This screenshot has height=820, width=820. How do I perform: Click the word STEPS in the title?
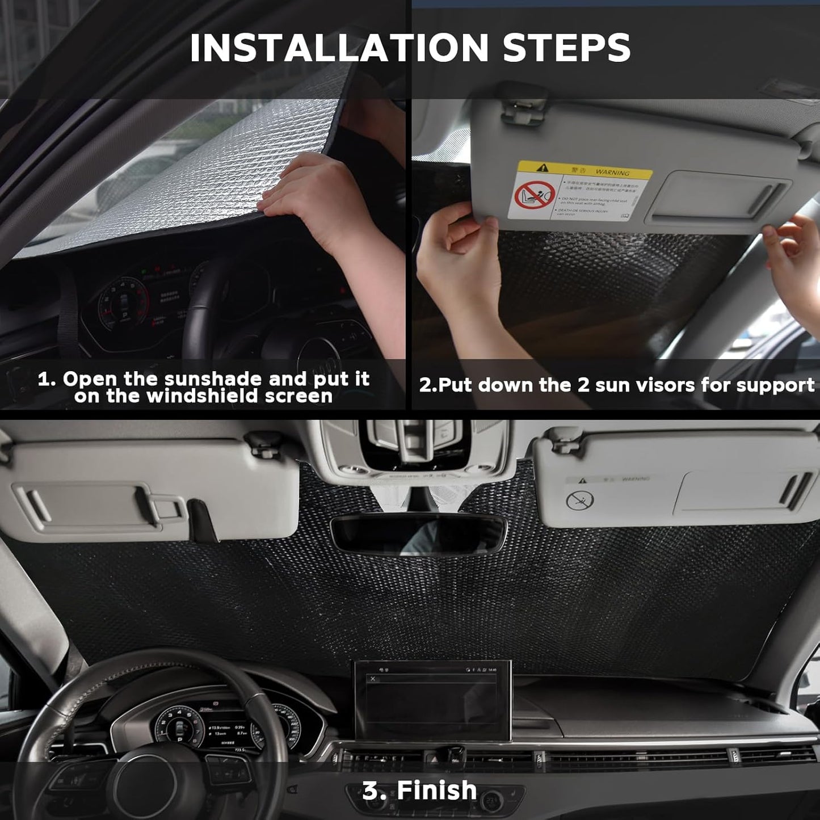566,48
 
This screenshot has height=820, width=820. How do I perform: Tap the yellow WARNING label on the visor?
584,170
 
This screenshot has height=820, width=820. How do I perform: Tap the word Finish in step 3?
437,790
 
